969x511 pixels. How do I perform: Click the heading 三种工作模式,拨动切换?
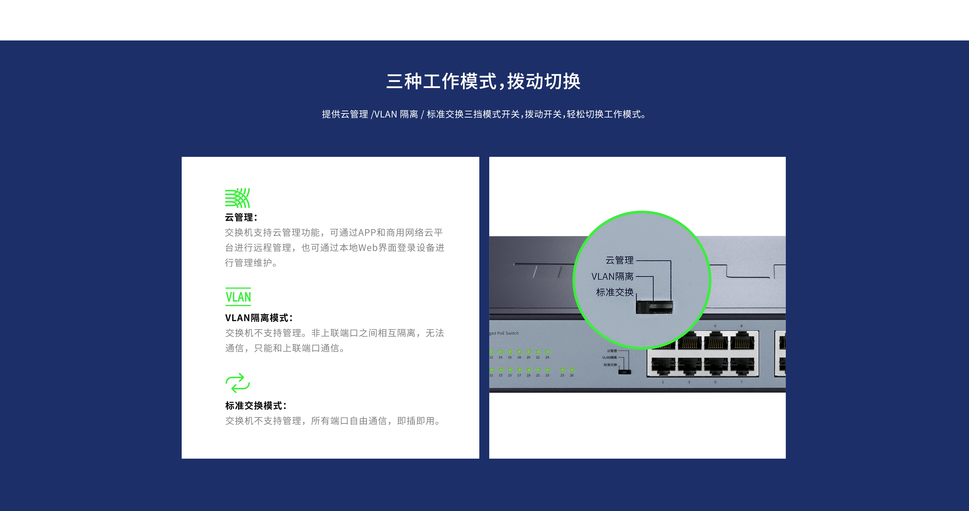pyautogui.click(x=483, y=81)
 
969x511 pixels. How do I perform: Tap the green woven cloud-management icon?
pyautogui.click(x=237, y=198)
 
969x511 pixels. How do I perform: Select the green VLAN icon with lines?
pyautogui.click(x=238, y=297)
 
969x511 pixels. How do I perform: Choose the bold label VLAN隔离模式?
pyautogui.click(x=259, y=318)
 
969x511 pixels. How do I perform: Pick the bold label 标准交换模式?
pyautogui.click(x=256, y=406)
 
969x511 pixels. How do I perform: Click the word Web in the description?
pyautogui.click(x=367, y=247)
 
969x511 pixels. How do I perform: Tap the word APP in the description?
pyautogui.click(x=367, y=233)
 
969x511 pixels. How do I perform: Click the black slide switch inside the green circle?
pyautogui.click(x=654, y=307)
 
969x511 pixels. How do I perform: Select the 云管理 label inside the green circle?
pyautogui.click(x=619, y=260)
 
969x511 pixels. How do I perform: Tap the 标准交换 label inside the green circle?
pyautogui.click(x=615, y=292)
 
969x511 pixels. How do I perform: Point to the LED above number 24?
pyautogui.click(x=547, y=352)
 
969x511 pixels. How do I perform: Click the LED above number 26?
pyautogui.click(x=572, y=370)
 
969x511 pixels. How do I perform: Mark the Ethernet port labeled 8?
pyautogui.click(x=742, y=341)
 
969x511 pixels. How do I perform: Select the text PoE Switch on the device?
pyautogui.click(x=508, y=333)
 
